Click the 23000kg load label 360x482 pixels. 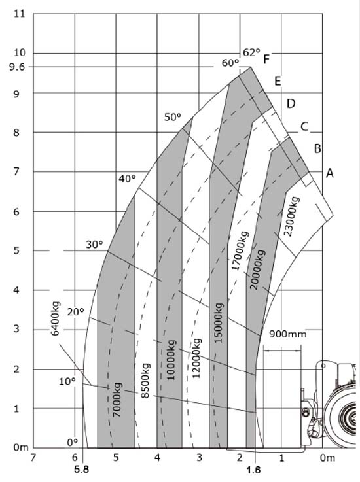(x=292, y=216)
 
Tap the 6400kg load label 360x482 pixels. (x=56, y=318)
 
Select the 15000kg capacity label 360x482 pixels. (x=219, y=323)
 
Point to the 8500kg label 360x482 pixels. (x=145, y=381)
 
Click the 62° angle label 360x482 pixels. (x=251, y=52)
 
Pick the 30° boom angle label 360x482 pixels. (x=94, y=245)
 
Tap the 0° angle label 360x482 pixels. (x=72, y=442)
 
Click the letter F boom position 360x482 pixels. (x=266, y=59)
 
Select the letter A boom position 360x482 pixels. (x=329, y=173)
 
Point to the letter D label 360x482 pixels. (x=291, y=103)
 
